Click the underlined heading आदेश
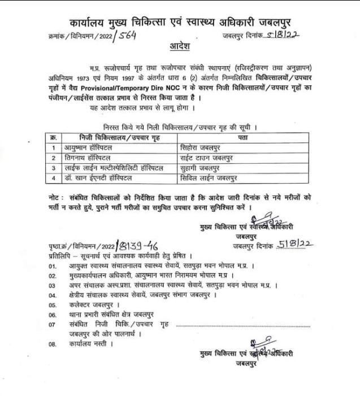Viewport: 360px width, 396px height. tap(180, 45)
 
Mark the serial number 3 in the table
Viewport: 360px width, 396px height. tap(53, 168)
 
